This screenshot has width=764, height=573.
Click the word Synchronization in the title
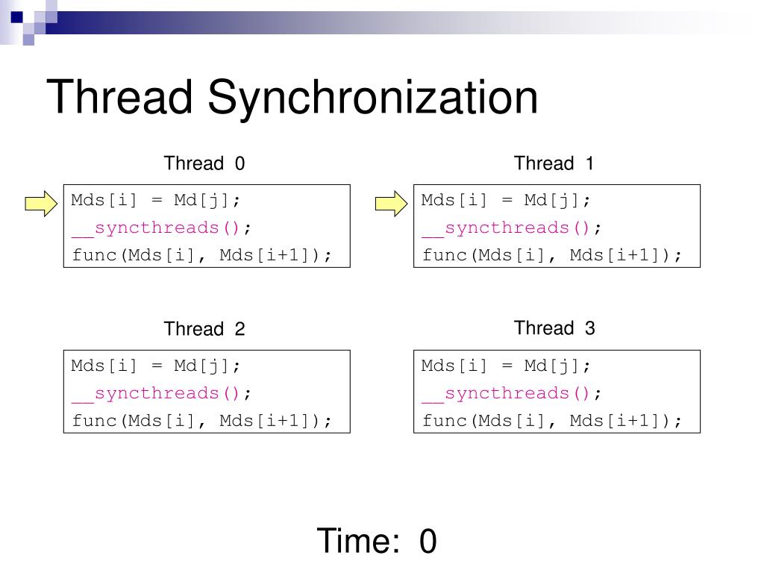pos(372,98)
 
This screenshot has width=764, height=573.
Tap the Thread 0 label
pos(204,163)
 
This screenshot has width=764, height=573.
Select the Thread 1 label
pos(554,163)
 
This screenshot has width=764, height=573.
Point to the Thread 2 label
pos(204,329)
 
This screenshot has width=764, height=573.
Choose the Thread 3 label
pos(554,328)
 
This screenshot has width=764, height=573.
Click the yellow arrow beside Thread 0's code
pos(40,202)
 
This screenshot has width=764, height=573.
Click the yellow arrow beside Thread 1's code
pos(390,202)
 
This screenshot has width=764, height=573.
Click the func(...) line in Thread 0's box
pos(201,255)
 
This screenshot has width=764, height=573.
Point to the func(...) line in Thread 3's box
pos(551,421)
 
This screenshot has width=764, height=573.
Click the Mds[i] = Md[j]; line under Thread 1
pos(506,200)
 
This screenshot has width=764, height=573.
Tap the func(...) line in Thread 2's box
pos(201,421)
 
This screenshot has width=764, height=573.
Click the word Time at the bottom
pos(357,541)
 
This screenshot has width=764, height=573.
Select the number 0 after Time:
pos(428,541)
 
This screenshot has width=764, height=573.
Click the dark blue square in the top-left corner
pos(16,16)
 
